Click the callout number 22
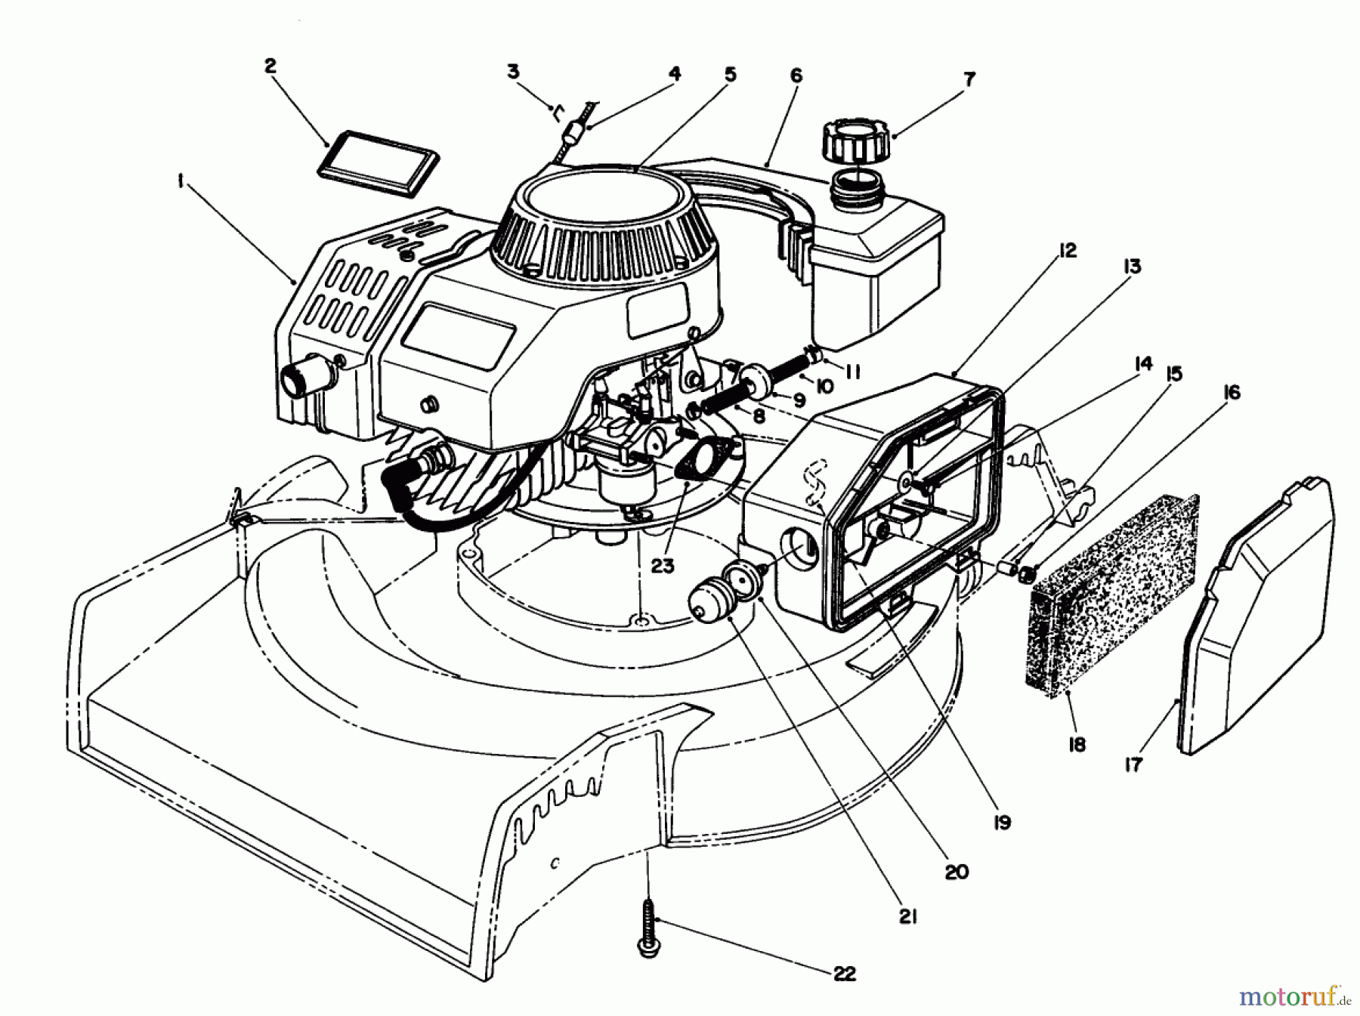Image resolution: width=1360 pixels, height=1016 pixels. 844,974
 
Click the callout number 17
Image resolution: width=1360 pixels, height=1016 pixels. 1133,764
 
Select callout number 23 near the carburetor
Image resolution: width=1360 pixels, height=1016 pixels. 662,565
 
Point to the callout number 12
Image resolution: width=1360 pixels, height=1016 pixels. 1067,250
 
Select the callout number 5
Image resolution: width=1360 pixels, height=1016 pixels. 729,74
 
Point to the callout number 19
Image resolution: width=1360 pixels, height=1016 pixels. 1002,823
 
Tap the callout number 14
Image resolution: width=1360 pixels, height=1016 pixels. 1143,365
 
